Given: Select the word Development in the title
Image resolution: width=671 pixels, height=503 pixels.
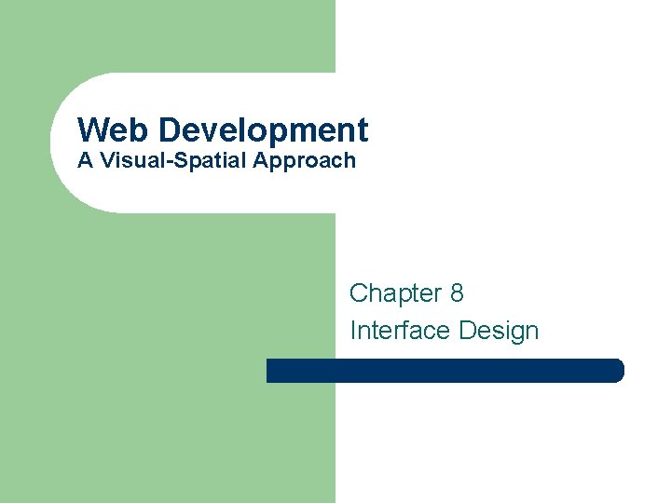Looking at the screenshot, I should pos(264,129).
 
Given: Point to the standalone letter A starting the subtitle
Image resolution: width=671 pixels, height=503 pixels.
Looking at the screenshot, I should pos(85,160).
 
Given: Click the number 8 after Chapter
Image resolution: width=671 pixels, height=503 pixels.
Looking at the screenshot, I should pos(457,293).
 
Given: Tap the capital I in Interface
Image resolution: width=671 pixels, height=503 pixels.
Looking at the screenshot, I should pos(353,331).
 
